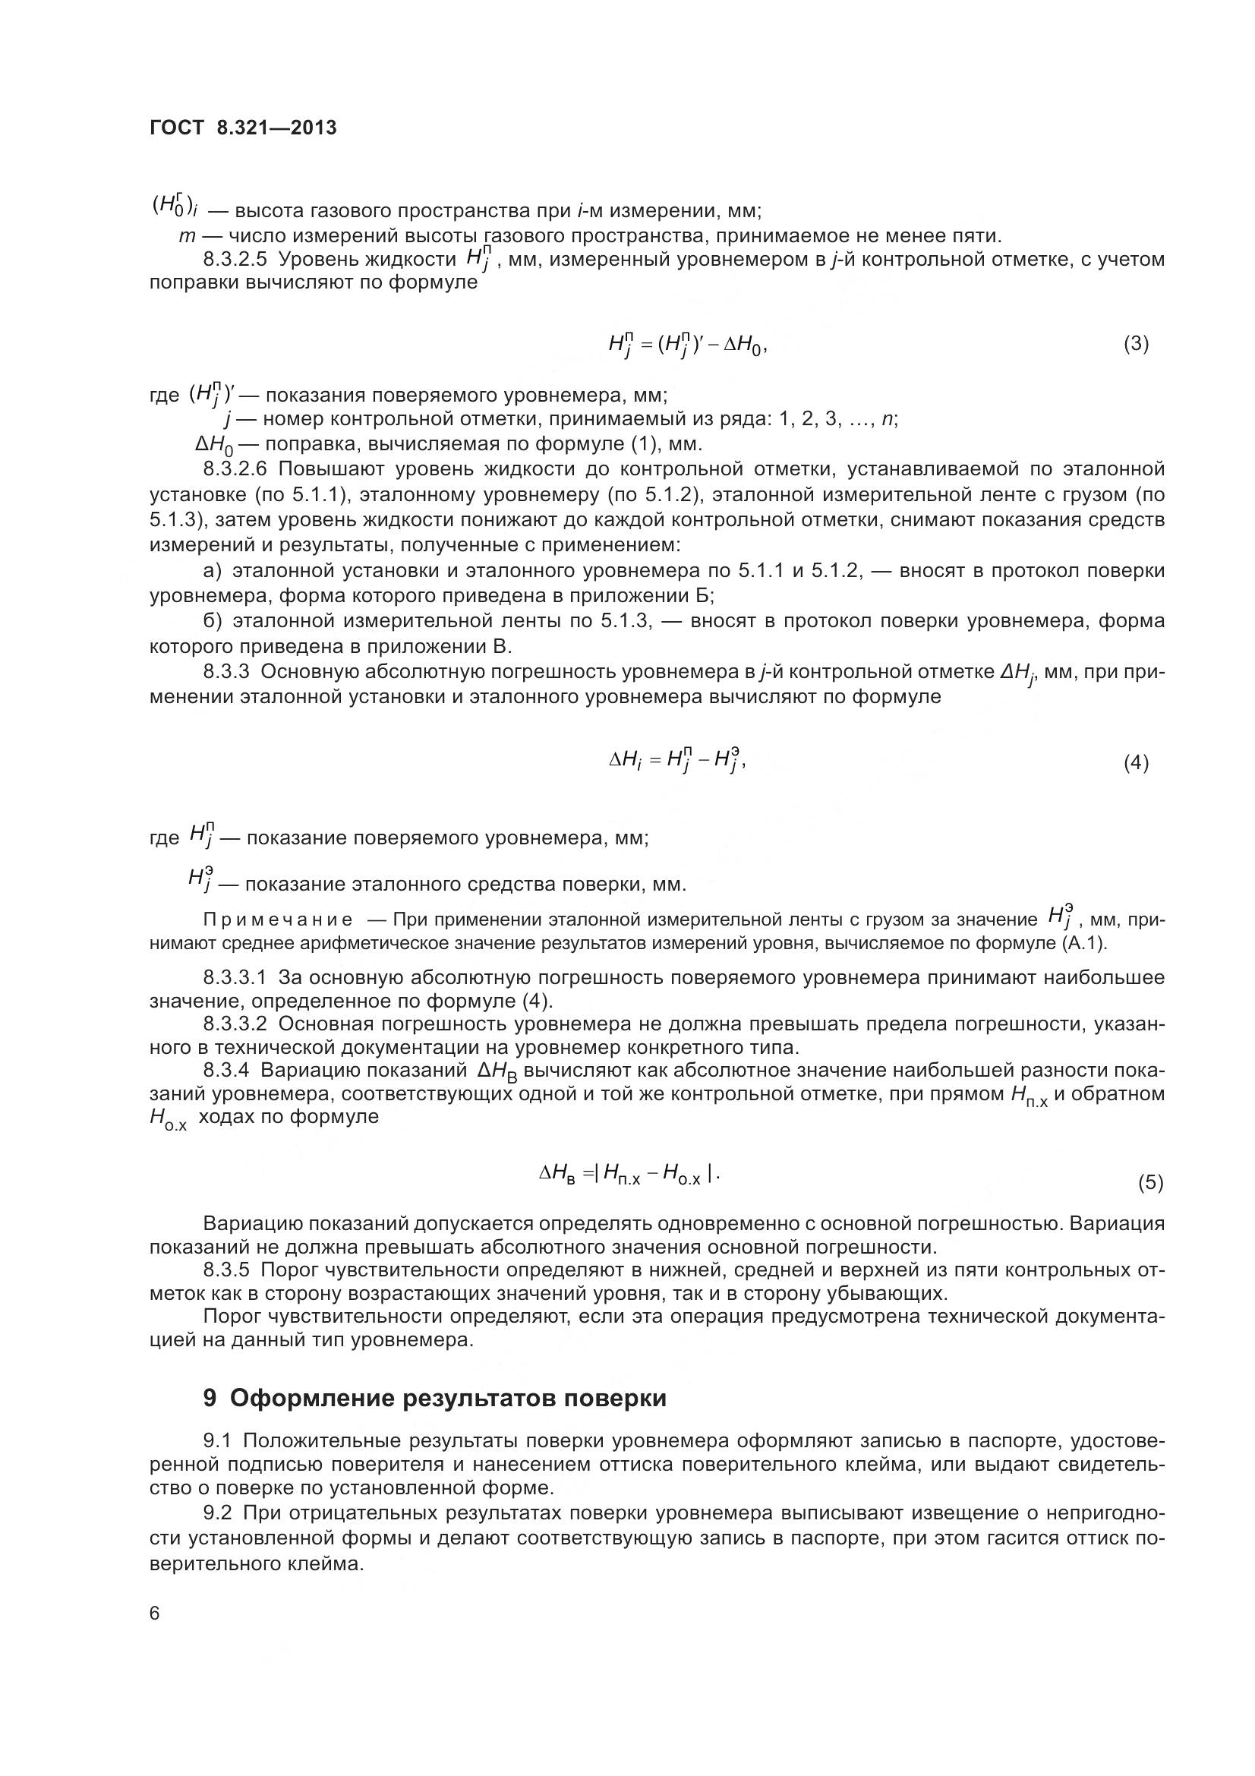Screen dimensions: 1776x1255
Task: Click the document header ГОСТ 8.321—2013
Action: coord(243,128)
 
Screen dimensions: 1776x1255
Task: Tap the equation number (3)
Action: coord(1136,343)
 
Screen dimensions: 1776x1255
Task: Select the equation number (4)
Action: coord(1136,762)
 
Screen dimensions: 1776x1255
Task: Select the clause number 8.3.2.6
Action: coord(235,469)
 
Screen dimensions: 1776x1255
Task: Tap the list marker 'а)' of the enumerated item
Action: coord(212,571)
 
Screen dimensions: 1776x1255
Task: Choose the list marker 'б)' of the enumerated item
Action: coord(212,621)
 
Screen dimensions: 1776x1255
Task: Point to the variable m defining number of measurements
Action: coord(185,235)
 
